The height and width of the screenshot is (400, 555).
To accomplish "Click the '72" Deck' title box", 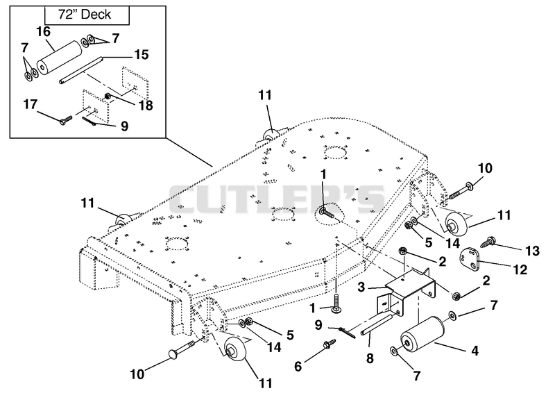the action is pos(87,15).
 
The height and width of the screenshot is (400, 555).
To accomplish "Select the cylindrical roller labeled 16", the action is pos(60,58).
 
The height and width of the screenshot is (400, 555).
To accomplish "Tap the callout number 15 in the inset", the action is pos(141,55).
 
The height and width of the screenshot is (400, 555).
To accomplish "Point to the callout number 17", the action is pos(30,105).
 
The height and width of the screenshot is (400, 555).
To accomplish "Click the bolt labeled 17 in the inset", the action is pos(65,120).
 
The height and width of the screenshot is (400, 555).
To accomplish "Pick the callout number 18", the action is pos(146,106).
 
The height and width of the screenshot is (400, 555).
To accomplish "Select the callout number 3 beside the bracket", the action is pos(361,287).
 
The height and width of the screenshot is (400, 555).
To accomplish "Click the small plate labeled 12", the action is pos(470,258).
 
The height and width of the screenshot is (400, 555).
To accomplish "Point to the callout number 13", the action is pos(532,251).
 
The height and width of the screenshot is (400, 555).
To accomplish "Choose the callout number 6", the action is pos(298,367).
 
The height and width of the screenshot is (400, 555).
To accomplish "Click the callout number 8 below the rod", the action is pos(370,358).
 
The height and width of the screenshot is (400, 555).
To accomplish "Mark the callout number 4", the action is pos(475,351).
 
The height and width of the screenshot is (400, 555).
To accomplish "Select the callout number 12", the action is pos(520,270).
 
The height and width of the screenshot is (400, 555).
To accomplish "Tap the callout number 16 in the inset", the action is pos(43,31).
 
